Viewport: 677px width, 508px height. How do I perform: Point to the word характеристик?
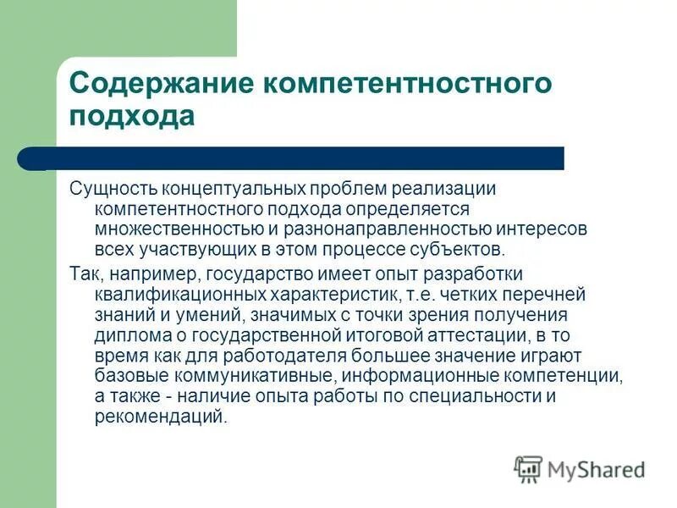(x=333, y=295)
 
